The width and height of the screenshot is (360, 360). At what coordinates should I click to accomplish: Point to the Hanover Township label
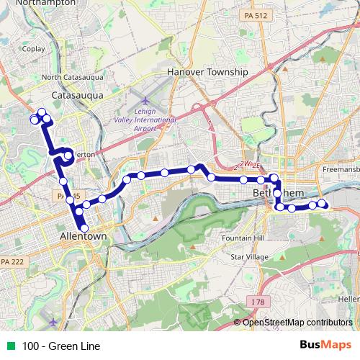(x=207, y=72)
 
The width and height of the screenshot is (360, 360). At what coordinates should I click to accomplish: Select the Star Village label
(x=245, y=256)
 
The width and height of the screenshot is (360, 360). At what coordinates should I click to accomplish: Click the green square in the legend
(x=9, y=346)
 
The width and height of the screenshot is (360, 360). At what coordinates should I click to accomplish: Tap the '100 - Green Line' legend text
(x=61, y=346)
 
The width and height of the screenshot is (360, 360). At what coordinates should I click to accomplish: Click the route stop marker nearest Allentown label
(x=84, y=228)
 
